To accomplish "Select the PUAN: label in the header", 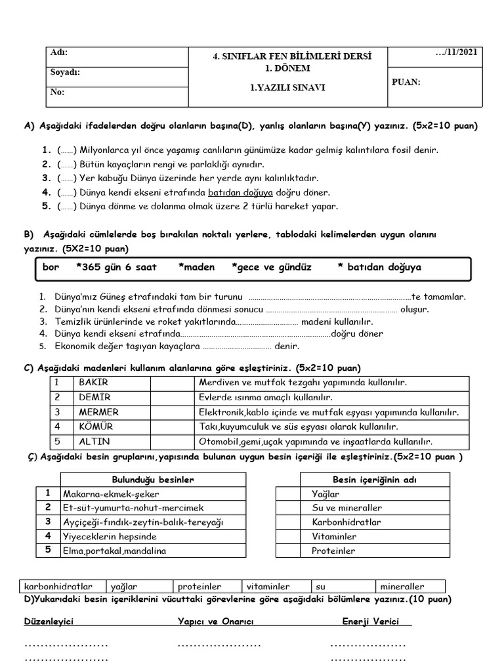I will (406, 82).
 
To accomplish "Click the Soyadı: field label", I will (66, 73).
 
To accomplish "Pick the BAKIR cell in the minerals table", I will (93, 382).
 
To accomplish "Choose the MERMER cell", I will (98, 412).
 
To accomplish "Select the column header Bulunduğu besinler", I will (153, 480).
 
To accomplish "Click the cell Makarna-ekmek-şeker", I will (111, 493).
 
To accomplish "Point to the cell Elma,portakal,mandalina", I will (115, 551).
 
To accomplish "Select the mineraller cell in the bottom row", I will (402, 587).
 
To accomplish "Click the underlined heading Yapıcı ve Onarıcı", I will (215, 621).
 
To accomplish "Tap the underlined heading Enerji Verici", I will (371, 621).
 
